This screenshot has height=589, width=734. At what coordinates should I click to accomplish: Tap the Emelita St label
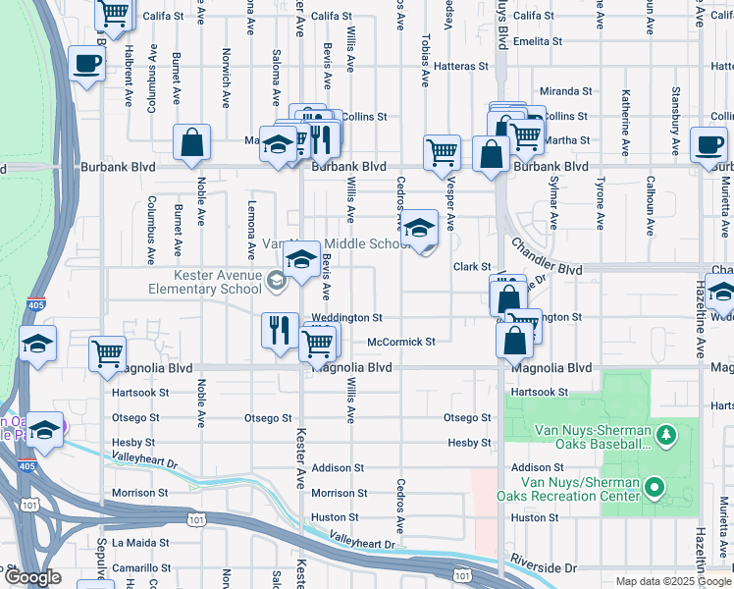coord(537,42)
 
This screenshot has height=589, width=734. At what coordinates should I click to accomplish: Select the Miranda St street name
coord(567,91)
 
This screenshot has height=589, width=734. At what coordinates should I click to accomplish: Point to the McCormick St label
coord(400,342)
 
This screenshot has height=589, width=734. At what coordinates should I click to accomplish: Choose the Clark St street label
coord(471,267)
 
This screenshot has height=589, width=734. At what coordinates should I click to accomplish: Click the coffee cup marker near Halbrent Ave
coord(87,65)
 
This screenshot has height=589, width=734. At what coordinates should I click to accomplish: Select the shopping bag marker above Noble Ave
coord(191,142)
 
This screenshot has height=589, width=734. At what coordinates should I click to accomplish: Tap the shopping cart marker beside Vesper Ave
coord(443,152)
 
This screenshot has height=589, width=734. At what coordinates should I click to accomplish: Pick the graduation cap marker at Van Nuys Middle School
coord(419,228)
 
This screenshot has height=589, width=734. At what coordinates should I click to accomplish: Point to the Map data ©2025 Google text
coord(672,581)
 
